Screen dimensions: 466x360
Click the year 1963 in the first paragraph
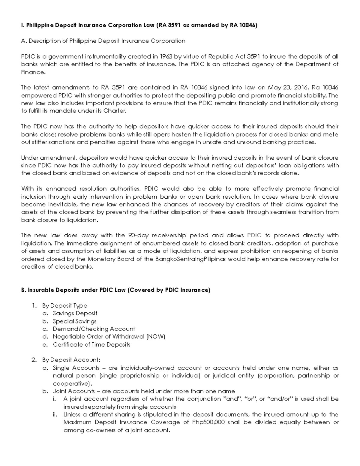[x=166, y=56]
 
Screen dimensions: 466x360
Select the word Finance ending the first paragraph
[x=33, y=72]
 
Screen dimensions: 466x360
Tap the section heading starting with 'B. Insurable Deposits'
[x=115, y=290]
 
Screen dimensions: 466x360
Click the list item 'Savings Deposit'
[x=75, y=313]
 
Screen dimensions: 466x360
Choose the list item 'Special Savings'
[x=75, y=321]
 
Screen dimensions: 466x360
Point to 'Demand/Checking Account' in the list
[x=94, y=329]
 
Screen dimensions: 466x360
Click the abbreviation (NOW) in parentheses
[x=156, y=337]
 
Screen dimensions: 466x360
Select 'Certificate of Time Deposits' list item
[x=91, y=344]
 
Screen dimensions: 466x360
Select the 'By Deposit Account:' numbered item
[x=71, y=360]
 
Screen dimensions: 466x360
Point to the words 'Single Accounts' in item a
[x=76, y=368]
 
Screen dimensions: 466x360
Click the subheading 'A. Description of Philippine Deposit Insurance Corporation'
[x=103, y=41]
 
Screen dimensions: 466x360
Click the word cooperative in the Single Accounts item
[x=71, y=383]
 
